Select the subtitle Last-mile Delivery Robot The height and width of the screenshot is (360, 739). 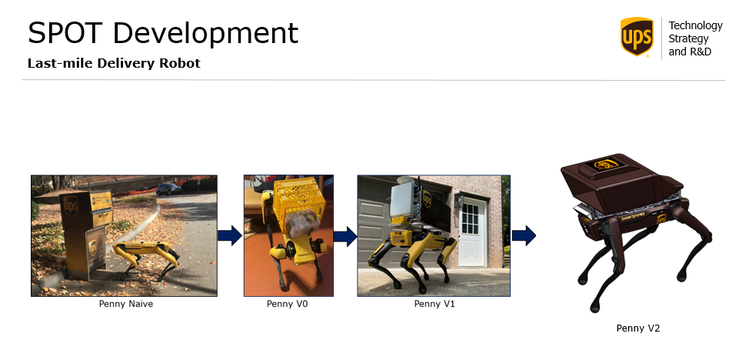click(114, 63)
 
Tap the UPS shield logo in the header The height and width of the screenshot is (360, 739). click(637, 37)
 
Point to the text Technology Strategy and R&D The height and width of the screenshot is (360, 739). click(695, 38)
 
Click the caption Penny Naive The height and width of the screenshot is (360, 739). click(126, 304)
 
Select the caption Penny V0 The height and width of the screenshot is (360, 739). click(287, 304)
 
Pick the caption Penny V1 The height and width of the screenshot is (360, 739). click(434, 304)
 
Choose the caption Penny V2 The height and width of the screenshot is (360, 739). click(638, 328)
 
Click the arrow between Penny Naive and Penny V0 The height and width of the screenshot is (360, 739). click(230, 235)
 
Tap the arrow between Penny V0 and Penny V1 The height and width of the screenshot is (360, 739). click(345, 236)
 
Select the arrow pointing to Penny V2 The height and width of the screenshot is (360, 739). click(524, 235)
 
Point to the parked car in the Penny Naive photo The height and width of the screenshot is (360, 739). click(168, 189)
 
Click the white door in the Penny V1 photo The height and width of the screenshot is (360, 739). click(472, 232)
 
